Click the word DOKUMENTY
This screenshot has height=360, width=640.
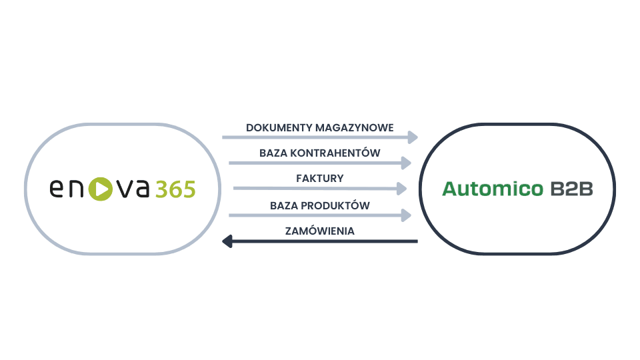tap(271, 127)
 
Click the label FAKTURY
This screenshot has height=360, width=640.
tap(319, 179)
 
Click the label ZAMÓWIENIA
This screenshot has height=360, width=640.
tap(319, 231)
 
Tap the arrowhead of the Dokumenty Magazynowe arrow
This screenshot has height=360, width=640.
tap(413, 137)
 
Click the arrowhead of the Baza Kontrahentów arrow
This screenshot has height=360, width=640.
tap(406, 162)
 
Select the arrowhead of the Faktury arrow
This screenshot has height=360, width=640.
tap(401, 189)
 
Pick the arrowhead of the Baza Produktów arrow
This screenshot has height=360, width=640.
tap(406, 215)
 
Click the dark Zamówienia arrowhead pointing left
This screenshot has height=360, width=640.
tap(227, 241)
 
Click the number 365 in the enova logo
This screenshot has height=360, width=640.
tap(175, 189)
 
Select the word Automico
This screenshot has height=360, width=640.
tap(493, 189)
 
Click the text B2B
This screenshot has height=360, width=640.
tap(571, 189)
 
